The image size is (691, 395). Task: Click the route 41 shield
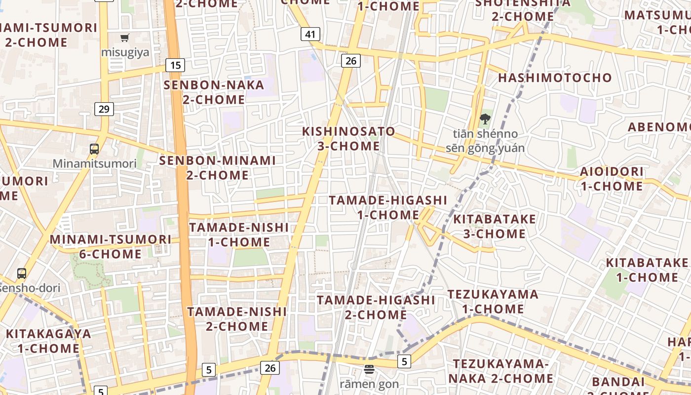point(310,34)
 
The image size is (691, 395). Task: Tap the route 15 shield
point(175,65)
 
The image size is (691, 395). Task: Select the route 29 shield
point(104,109)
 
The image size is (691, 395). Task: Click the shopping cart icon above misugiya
point(125,38)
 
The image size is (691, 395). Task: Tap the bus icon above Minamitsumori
point(94,149)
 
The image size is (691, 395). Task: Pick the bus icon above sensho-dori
point(22,273)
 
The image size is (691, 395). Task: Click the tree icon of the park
point(485,119)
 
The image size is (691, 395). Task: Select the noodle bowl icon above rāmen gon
point(369,369)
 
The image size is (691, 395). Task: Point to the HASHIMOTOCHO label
point(555,78)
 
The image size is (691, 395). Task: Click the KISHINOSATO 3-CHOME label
point(348,139)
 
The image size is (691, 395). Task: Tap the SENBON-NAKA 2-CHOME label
point(214,92)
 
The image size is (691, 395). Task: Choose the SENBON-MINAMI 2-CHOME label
point(217,168)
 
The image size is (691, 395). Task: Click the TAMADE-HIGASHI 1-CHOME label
point(388,207)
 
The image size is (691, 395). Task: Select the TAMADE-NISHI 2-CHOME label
point(237,319)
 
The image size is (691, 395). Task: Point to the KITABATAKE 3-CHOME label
point(494,226)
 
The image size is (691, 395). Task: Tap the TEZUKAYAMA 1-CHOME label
point(493,302)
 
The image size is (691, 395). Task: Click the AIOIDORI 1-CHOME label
point(612,179)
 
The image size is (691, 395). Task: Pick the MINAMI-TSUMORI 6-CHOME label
point(111,247)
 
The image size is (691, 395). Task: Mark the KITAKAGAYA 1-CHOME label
point(48,341)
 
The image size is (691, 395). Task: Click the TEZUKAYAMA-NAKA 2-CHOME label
point(500,371)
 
